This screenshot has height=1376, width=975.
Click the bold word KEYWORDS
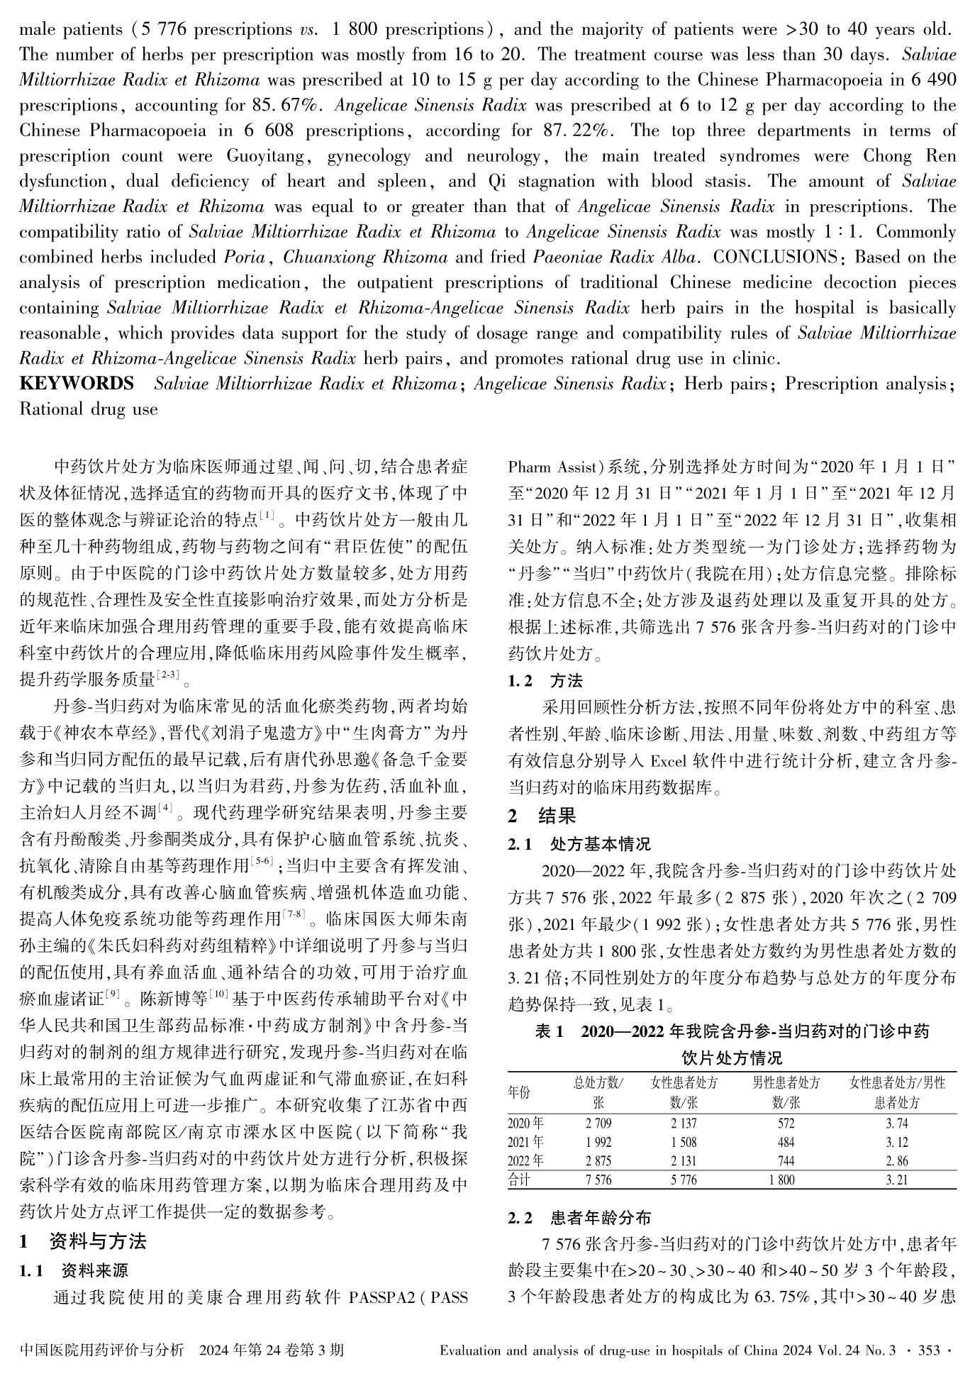[x=77, y=384]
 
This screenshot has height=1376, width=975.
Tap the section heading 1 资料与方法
[x=83, y=1241]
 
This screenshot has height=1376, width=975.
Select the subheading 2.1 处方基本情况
[x=579, y=844]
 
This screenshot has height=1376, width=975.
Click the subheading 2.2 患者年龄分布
[x=579, y=1219]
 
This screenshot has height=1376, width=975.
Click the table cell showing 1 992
[x=598, y=1143]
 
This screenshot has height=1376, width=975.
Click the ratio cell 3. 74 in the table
[x=896, y=1123]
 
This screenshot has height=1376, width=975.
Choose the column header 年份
[x=520, y=1093]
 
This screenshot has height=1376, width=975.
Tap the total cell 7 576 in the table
[x=598, y=1180]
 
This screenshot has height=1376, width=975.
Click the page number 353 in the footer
[x=929, y=1350]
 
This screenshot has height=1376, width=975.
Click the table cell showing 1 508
[x=684, y=1143]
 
